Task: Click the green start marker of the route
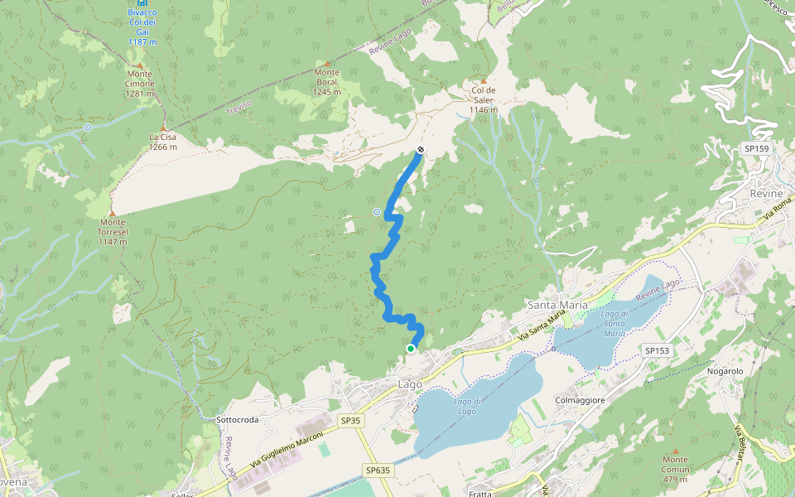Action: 411,349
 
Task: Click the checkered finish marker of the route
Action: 421,150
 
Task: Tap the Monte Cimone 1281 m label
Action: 139,84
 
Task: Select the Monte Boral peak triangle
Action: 327,63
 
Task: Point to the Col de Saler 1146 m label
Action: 484,99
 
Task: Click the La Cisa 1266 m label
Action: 162,142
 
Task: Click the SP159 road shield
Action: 757,148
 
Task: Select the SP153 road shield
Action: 658,351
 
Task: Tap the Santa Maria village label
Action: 557,305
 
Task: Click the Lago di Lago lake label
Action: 466,406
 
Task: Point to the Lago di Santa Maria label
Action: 614,323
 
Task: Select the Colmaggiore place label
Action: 581,400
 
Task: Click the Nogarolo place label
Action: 726,371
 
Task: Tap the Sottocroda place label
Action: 237,420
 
